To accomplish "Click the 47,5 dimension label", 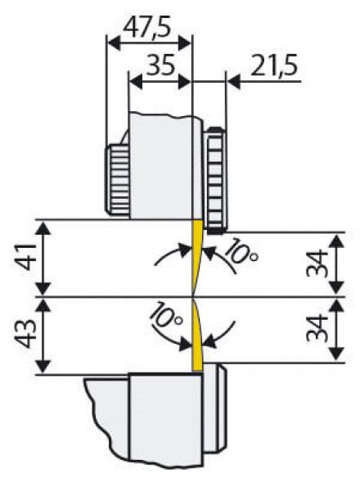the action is coord(146,28).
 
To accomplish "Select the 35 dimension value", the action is coord(160,65).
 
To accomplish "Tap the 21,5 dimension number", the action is coord(273,65).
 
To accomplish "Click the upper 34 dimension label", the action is coord(317,264).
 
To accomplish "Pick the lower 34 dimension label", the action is coord(317,328).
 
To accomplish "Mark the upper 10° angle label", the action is coord(241,252).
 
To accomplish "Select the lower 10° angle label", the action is coord(165,315).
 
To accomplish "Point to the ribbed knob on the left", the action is coord(117,179).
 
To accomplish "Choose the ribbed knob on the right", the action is coord(216,180).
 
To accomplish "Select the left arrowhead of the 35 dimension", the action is coord(135,82).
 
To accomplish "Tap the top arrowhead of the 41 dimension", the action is coord(43,227).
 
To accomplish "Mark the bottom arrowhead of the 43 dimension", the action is coord(43,367).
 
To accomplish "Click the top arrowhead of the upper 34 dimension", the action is coord(337,240).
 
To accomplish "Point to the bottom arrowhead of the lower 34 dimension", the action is coord(337,356).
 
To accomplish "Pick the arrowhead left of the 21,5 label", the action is coord(233,82).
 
